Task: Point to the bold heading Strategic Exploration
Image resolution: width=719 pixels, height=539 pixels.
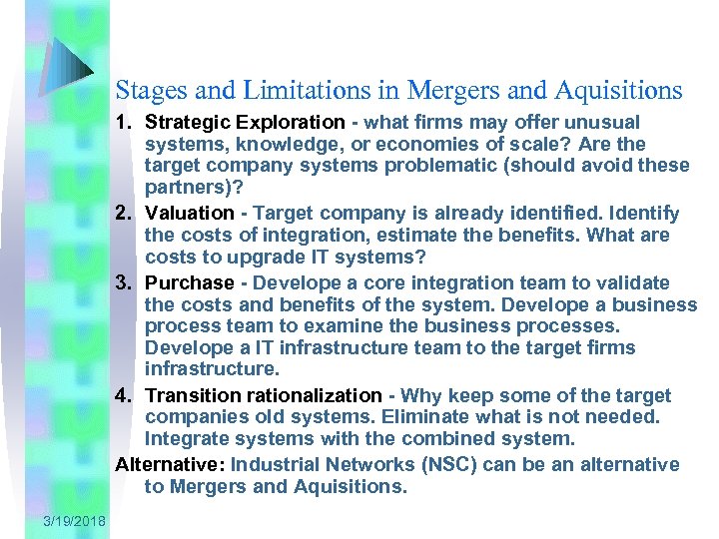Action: tap(244, 123)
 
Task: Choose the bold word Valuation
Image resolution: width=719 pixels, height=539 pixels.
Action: tap(189, 214)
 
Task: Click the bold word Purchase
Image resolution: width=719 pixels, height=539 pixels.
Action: tap(189, 282)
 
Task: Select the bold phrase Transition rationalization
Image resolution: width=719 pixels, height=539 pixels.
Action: tap(263, 396)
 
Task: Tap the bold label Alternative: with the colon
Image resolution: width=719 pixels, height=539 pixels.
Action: tap(170, 465)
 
